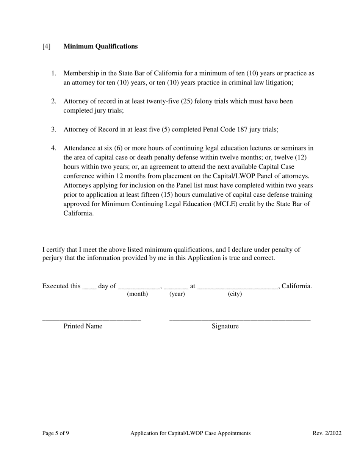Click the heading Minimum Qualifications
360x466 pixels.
click(x=100, y=46)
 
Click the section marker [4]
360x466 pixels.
click(x=46, y=46)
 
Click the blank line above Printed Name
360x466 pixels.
click(x=92, y=319)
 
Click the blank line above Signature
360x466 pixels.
click(x=239, y=319)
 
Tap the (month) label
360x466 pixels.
click(x=137, y=294)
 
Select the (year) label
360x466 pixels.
click(x=177, y=294)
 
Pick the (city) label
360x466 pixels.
click(x=235, y=294)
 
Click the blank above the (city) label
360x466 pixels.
click(x=238, y=287)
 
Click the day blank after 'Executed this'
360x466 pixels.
click(x=89, y=287)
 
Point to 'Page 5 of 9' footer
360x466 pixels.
click(x=56, y=433)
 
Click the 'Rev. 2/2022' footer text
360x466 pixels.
click(x=327, y=433)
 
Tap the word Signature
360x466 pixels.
click(x=225, y=326)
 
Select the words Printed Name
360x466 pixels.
click(x=83, y=326)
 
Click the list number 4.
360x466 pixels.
click(x=53, y=148)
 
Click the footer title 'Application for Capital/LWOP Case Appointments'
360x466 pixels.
click(x=190, y=433)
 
